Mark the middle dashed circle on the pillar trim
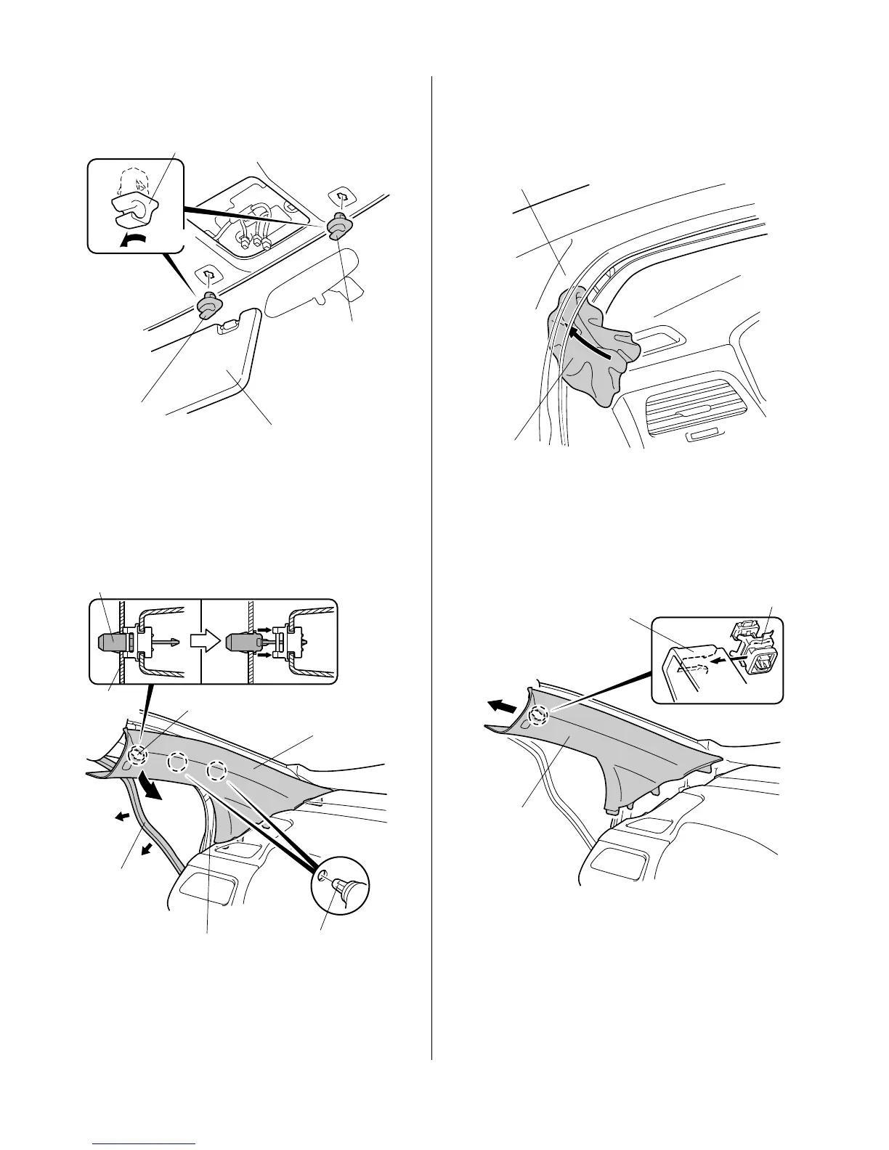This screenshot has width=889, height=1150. click(x=178, y=764)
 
